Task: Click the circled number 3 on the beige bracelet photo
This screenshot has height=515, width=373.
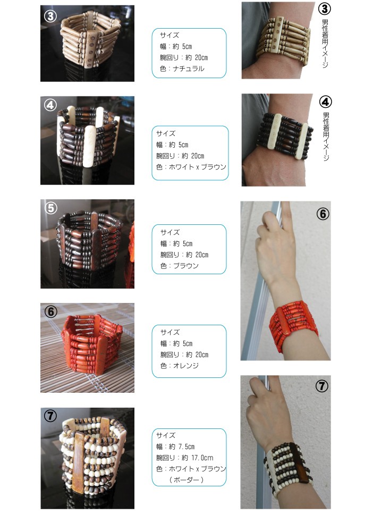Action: click(50, 16)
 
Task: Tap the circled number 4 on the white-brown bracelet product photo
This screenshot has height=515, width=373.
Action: click(50, 105)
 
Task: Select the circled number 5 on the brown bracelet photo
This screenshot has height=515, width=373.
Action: click(50, 208)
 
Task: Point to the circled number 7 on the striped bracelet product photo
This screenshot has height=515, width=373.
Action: click(50, 416)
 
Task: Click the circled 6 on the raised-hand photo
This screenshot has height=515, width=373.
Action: click(323, 214)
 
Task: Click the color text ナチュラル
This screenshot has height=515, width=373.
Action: click(189, 69)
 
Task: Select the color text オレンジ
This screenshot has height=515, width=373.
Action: click(186, 366)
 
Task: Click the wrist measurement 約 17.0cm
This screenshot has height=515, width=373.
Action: click(197, 458)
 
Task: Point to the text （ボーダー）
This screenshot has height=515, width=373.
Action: click(186, 480)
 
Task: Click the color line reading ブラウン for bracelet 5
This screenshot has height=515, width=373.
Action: click(180, 266)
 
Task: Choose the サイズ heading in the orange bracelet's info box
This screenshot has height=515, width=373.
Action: click(170, 332)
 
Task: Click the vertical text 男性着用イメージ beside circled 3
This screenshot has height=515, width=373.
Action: click(325, 44)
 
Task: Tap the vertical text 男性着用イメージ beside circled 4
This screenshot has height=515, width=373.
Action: click(326, 136)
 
